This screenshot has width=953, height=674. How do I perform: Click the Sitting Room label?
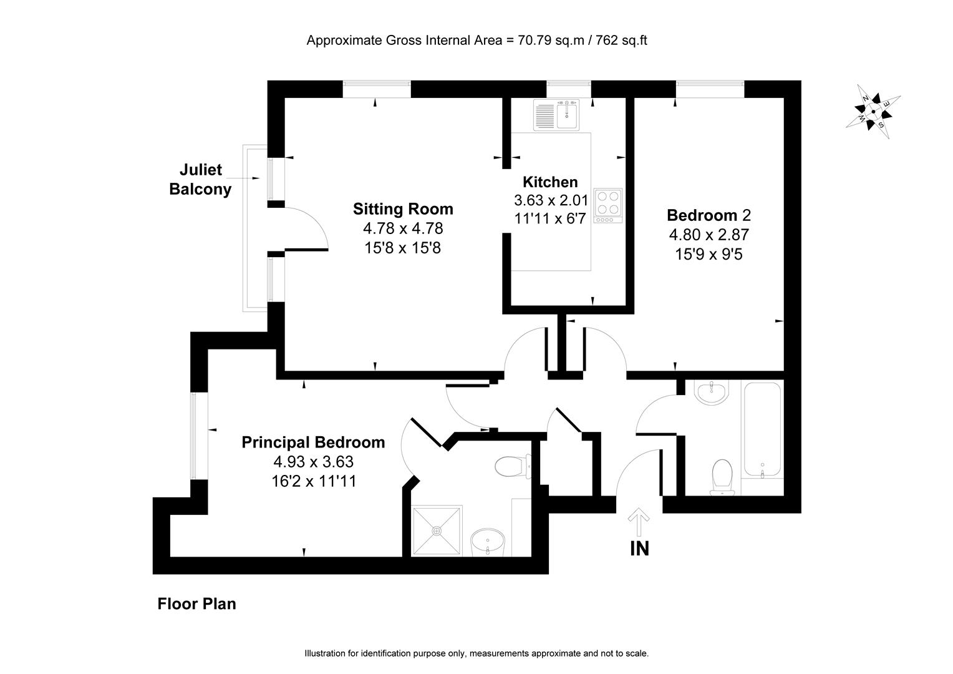tap(403, 208)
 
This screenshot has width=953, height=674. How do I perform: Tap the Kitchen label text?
tap(549, 182)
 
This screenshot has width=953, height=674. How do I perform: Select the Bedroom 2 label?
tap(709, 215)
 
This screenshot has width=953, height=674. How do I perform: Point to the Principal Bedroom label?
tap(313, 442)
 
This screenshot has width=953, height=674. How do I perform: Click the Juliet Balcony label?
tap(200, 180)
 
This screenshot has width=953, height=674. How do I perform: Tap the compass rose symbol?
tap(873, 112)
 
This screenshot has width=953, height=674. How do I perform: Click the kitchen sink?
tap(556, 114)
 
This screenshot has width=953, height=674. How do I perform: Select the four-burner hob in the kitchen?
tap(607, 206)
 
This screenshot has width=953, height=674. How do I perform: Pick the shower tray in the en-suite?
tap(437, 530)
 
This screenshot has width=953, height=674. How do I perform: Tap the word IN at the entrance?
tap(639, 549)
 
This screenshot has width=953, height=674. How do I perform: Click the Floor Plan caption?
tap(196, 604)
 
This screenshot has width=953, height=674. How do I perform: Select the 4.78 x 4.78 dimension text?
tap(403, 228)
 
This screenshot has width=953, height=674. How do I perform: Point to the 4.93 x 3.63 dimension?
tap(313, 462)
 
